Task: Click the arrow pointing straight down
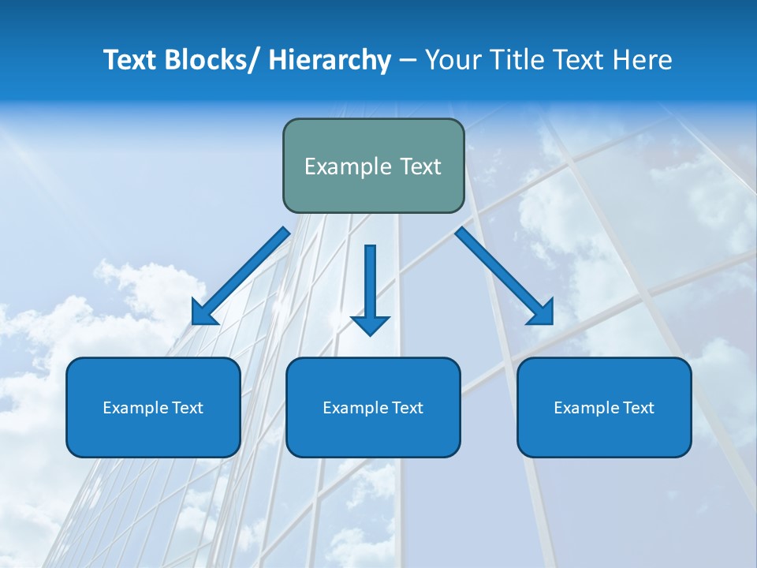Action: pos(370,284)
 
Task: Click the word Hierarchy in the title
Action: pos(330,60)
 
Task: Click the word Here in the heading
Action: pos(642,60)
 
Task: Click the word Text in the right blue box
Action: pos(638,408)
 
